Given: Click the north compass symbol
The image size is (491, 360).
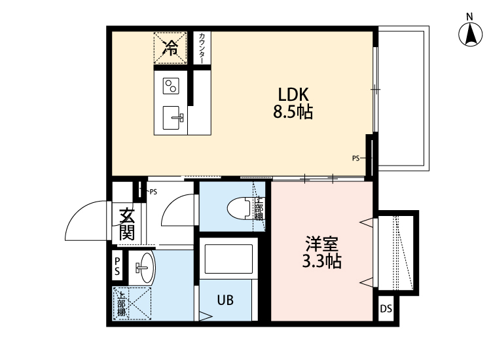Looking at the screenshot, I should click(470, 35).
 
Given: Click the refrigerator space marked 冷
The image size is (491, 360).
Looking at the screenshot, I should click(170, 46).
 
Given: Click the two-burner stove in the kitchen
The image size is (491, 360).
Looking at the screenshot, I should click(171, 86).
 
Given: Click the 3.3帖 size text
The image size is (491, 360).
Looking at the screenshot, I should click(321, 262).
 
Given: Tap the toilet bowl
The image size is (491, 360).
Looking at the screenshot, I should click(238, 209).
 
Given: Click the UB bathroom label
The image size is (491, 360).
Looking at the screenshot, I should click(225, 300).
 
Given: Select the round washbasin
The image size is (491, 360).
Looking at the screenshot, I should click(143, 267).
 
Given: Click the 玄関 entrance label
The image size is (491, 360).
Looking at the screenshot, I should click(126, 223).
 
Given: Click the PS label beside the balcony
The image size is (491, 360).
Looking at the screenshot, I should click(356, 158).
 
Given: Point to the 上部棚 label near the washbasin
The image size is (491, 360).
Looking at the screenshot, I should click(121, 303).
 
